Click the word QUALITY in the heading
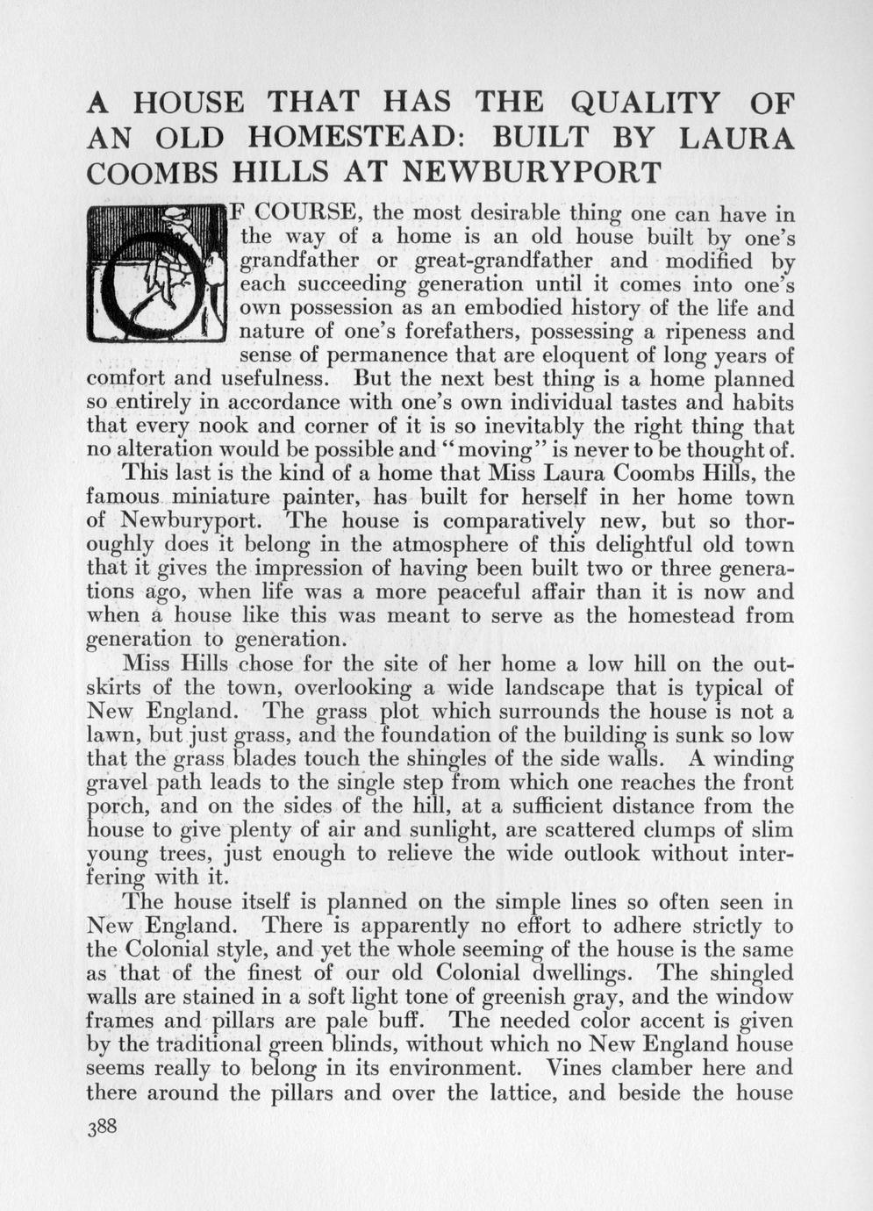(x=644, y=104)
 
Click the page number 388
(x=102, y=1127)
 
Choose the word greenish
(x=578, y=997)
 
